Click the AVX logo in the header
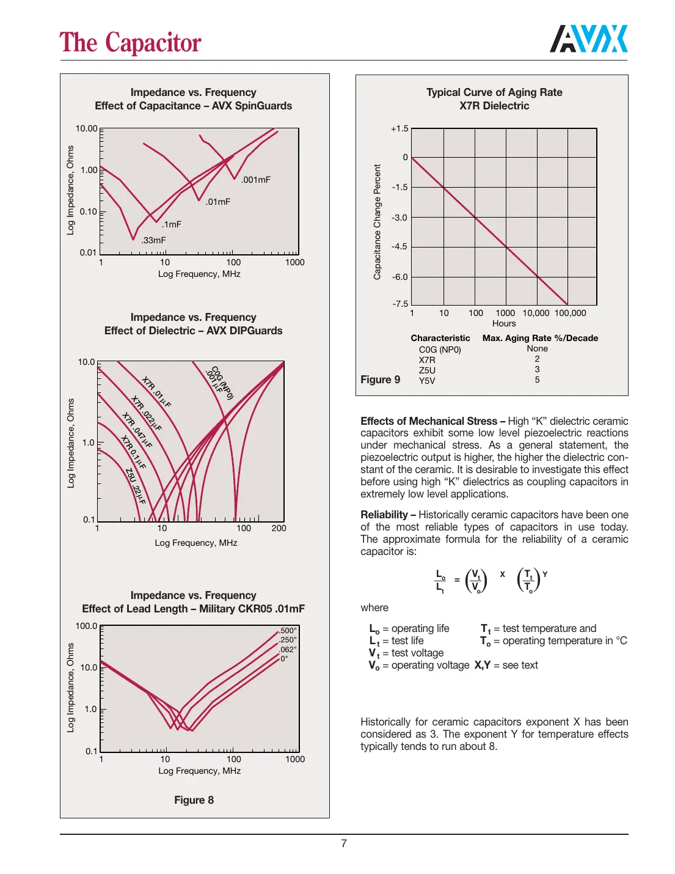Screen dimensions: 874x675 click(588, 39)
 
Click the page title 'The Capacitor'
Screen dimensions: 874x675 click(130, 43)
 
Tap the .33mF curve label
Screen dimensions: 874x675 click(153, 240)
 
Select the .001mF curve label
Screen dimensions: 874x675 click(256, 180)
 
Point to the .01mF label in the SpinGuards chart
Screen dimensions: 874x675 click(217, 202)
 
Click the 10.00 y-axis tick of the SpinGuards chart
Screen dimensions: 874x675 click(86, 128)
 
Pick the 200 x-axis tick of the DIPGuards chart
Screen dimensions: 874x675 click(279, 528)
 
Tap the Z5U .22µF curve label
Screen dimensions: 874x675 click(136, 486)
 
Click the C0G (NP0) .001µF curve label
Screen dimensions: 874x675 click(219, 383)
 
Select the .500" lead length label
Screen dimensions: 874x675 click(288, 631)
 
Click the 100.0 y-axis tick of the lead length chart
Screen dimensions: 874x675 click(86, 626)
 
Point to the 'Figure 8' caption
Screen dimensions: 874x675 click(194, 800)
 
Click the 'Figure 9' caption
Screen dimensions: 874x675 click(380, 380)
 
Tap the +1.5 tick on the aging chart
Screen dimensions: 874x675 click(400, 128)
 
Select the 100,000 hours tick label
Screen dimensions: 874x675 click(570, 313)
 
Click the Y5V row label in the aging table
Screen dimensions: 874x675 click(427, 381)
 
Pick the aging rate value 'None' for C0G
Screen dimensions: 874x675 click(537, 348)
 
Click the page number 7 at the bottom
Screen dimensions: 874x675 click(344, 843)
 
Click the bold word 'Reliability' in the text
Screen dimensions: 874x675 click(384, 515)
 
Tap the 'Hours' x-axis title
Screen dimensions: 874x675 click(504, 323)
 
